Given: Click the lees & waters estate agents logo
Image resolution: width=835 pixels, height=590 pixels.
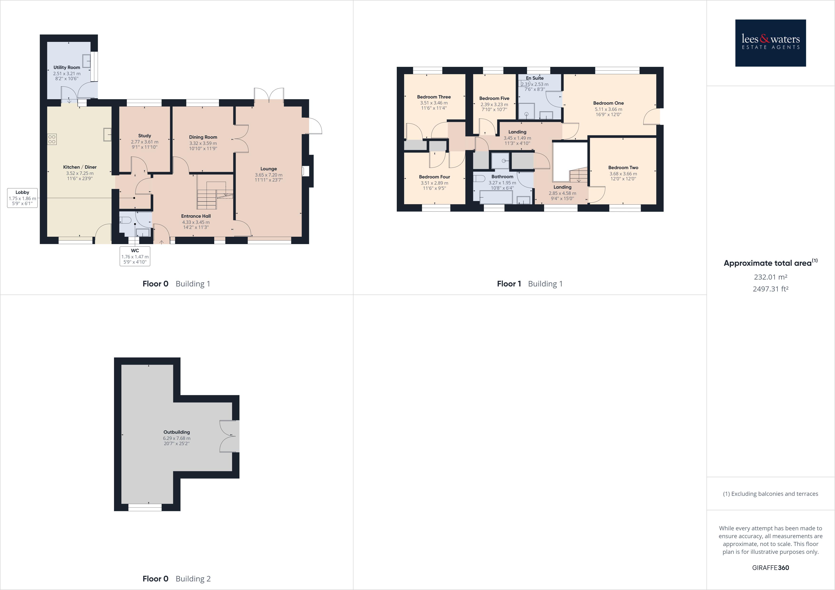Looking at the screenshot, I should pyautogui.click(x=770, y=43).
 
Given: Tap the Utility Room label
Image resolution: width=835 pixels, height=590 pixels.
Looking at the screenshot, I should pyautogui.click(x=67, y=67).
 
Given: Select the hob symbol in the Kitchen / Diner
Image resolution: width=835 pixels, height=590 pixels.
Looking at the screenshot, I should pyautogui.click(x=52, y=139).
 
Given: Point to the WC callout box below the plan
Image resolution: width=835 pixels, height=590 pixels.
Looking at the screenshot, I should pyautogui.click(x=135, y=256).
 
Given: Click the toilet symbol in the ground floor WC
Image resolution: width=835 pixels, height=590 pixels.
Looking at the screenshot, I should pyautogui.click(x=125, y=220).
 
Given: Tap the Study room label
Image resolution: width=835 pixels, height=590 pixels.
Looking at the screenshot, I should pyautogui.click(x=144, y=136).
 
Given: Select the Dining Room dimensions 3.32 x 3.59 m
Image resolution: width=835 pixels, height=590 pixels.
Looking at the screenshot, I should pyautogui.click(x=203, y=143).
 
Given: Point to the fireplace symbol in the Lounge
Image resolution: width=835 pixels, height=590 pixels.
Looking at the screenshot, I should pyautogui.click(x=305, y=171).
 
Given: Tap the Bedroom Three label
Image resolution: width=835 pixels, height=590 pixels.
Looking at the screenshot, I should pyautogui.click(x=434, y=97).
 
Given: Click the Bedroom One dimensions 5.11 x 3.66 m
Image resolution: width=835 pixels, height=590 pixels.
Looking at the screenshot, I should pyautogui.click(x=608, y=109).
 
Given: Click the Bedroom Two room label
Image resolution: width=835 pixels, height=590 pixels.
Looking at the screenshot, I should pyautogui.click(x=623, y=167).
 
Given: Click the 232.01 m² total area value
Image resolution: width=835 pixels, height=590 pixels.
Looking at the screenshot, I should pyautogui.click(x=770, y=277).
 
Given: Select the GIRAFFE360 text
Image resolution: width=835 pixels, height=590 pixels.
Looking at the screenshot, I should pyautogui.click(x=770, y=567).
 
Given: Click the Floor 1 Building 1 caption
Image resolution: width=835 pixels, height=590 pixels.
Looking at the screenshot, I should pyautogui.click(x=530, y=284).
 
